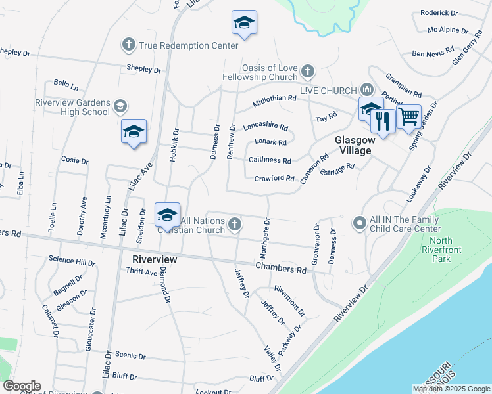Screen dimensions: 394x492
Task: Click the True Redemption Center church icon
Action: pyautogui.click(x=128, y=45)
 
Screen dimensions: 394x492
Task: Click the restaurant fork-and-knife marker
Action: pyautogui.click(x=383, y=120)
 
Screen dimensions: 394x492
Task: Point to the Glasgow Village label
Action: pyautogui.click(x=355, y=145)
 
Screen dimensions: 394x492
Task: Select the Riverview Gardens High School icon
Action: pyautogui.click(x=120, y=106)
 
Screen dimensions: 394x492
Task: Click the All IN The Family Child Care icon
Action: pyautogui.click(x=359, y=224)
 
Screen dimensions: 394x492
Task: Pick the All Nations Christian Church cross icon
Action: pyautogui.click(x=234, y=225)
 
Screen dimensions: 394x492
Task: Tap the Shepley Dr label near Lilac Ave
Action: pyautogui.click(x=144, y=68)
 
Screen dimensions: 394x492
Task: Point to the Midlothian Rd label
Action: pyautogui.click(x=275, y=102)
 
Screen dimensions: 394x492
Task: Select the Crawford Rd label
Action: pyautogui.click(x=274, y=178)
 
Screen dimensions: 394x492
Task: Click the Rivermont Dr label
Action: pyautogui.click(x=289, y=299)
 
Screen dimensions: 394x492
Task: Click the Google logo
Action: pyautogui.click(x=22, y=386)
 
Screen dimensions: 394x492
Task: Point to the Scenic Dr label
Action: pyautogui.click(x=130, y=355)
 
